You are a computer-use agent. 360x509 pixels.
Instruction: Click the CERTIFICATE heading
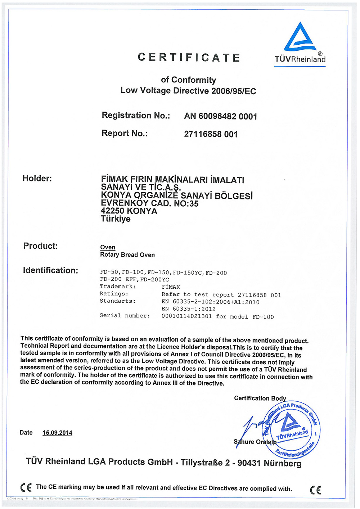coord(189,58)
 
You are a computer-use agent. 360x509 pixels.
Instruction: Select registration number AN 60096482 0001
coord(220,116)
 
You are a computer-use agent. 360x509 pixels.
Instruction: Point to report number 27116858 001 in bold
coord(211,134)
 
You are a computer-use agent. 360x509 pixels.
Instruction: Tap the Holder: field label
coord(37,179)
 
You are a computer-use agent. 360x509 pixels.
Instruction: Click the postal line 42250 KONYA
coord(129,211)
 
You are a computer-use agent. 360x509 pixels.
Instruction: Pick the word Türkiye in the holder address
coord(116,219)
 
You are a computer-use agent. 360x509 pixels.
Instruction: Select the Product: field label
coord(40,246)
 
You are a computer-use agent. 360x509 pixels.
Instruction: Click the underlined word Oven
coord(108,247)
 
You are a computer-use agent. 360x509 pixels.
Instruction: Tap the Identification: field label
coord(50,271)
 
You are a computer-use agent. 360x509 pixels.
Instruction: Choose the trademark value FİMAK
coord(171,287)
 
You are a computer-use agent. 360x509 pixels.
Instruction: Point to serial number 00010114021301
coord(186,316)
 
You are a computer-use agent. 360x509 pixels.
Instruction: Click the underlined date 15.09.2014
coord(57,433)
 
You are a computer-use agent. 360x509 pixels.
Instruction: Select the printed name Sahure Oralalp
coord(255,442)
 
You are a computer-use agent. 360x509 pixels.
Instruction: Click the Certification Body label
coord(260,398)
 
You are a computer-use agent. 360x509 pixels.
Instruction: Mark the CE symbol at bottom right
coord(315,490)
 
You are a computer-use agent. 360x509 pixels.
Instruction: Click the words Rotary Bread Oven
coord(127,255)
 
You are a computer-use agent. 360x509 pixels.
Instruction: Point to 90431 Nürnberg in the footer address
coord(269,463)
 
